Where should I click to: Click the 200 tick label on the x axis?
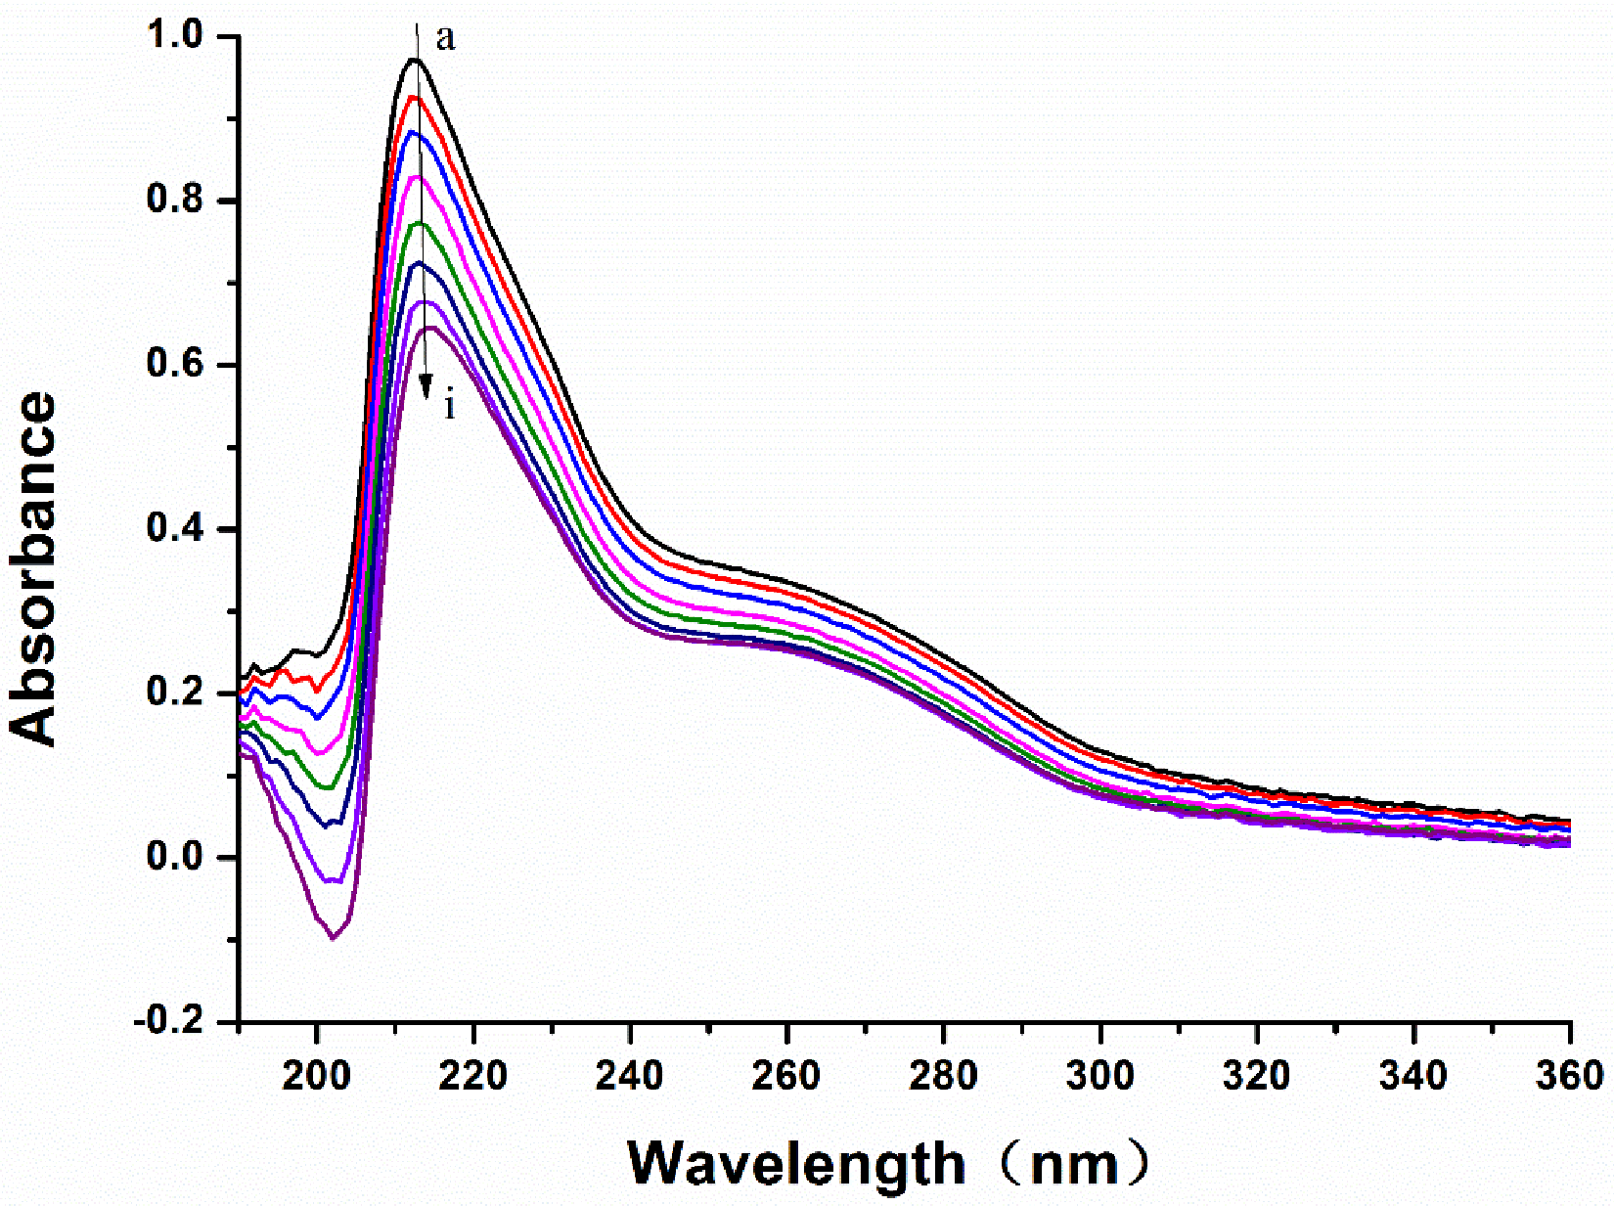point(316,1076)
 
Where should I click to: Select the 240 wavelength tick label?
point(630,1076)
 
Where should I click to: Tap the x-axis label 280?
point(943,1076)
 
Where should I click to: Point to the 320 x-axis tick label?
point(1257,1076)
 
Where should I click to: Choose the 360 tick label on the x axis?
point(1570,1076)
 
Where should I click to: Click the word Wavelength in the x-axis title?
point(795,1164)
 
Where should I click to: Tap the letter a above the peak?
point(446,39)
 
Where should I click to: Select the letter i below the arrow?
point(449,404)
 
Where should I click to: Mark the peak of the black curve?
point(415,60)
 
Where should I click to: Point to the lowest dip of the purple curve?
point(334,938)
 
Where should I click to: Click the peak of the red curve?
point(416,97)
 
